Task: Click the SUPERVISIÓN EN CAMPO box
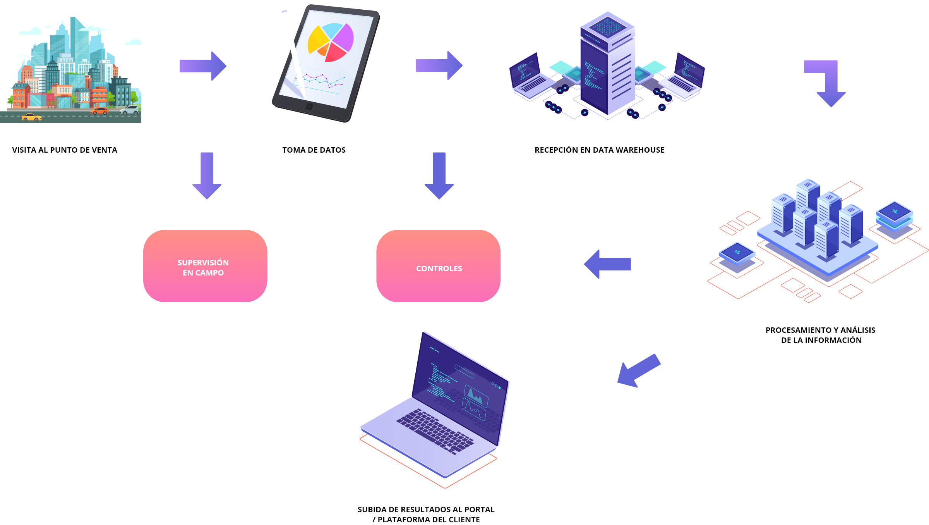pyautogui.click(x=205, y=266)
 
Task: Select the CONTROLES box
pyautogui.click(x=438, y=266)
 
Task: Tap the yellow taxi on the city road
pyautogui.click(x=31, y=117)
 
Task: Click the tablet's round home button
pyautogui.click(x=309, y=107)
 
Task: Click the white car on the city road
pyautogui.click(x=129, y=110)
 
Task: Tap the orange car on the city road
pyautogui.click(x=99, y=111)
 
